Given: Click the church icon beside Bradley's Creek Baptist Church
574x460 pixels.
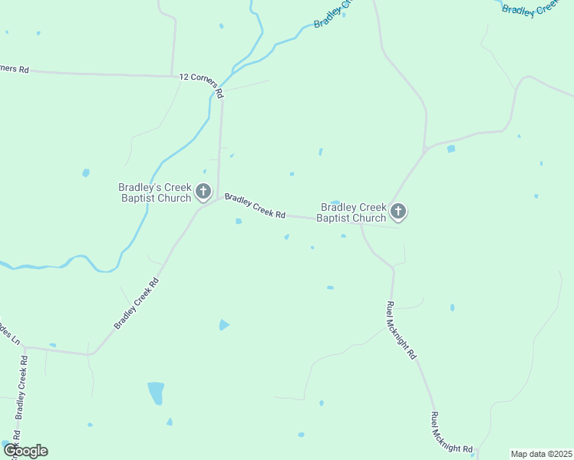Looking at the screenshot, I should [203, 191].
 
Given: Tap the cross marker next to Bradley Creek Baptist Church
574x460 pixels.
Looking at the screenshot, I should [398, 211].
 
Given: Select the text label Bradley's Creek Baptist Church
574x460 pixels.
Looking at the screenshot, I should [154, 192].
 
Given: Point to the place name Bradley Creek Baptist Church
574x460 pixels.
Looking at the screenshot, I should [354, 212].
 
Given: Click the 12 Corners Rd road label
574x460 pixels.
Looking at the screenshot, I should [201, 84].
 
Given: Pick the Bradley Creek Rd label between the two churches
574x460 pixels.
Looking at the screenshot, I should [255, 205].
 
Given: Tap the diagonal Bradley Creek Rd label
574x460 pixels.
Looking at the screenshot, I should [137, 304].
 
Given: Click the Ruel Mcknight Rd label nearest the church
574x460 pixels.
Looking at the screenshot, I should [401, 330].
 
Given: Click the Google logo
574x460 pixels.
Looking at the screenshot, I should [25, 451].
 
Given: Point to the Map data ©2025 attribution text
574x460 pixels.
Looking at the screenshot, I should [541, 454].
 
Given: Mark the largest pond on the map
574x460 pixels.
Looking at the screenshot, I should [156, 393].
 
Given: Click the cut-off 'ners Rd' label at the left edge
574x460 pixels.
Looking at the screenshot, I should [14, 68].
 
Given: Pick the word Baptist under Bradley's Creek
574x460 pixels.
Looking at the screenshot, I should [140, 199].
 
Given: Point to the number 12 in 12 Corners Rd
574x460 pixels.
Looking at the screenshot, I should [183, 77].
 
